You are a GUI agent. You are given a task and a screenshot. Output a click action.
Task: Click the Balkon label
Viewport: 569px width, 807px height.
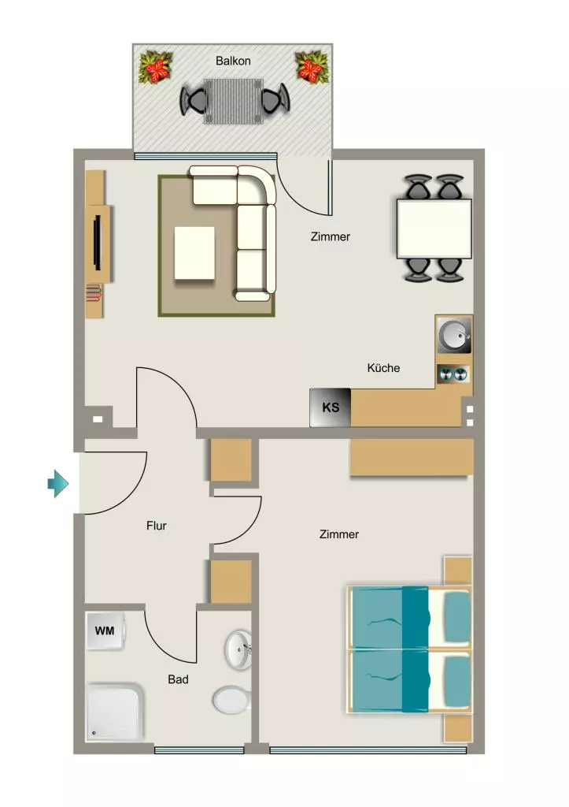point(233,61)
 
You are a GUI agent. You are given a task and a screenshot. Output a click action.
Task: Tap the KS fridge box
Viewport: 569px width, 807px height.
point(330,407)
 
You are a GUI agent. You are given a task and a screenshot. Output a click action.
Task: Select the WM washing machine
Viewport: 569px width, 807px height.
point(105,630)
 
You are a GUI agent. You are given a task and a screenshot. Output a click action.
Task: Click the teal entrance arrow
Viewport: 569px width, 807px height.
point(57,484)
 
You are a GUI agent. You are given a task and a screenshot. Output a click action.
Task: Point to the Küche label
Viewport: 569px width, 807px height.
point(383,368)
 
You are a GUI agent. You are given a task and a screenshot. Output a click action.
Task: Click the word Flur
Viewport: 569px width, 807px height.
point(157,526)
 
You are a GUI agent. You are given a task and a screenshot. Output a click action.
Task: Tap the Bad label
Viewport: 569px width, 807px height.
point(178,679)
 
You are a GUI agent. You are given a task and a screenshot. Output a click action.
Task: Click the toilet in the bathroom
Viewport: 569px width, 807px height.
point(232,700)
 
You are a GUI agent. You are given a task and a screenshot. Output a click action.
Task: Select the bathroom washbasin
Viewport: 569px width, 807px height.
point(238,649)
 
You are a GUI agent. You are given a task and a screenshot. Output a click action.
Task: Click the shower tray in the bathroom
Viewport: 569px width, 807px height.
point(115,712)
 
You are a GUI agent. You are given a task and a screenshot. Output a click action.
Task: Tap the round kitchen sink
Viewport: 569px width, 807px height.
point(454,334)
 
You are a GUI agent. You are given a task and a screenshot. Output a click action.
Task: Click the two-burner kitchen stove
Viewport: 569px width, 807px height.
point(453,374)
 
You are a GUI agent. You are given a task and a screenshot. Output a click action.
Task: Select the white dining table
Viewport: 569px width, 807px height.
point(434,229)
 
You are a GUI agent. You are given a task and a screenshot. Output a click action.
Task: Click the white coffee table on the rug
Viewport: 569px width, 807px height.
point(194,253)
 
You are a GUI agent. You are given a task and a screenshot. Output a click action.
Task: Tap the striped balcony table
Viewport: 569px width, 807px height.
point(234,101)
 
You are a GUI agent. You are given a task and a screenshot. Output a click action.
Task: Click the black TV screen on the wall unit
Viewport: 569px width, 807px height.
point(97,242)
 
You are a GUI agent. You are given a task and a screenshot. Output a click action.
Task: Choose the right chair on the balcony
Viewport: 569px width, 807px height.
point(275,100)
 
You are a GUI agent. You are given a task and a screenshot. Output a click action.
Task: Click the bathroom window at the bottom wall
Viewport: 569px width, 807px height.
point(199,750)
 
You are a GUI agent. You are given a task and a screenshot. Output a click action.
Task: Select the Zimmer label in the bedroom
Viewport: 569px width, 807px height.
point(338,534)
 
